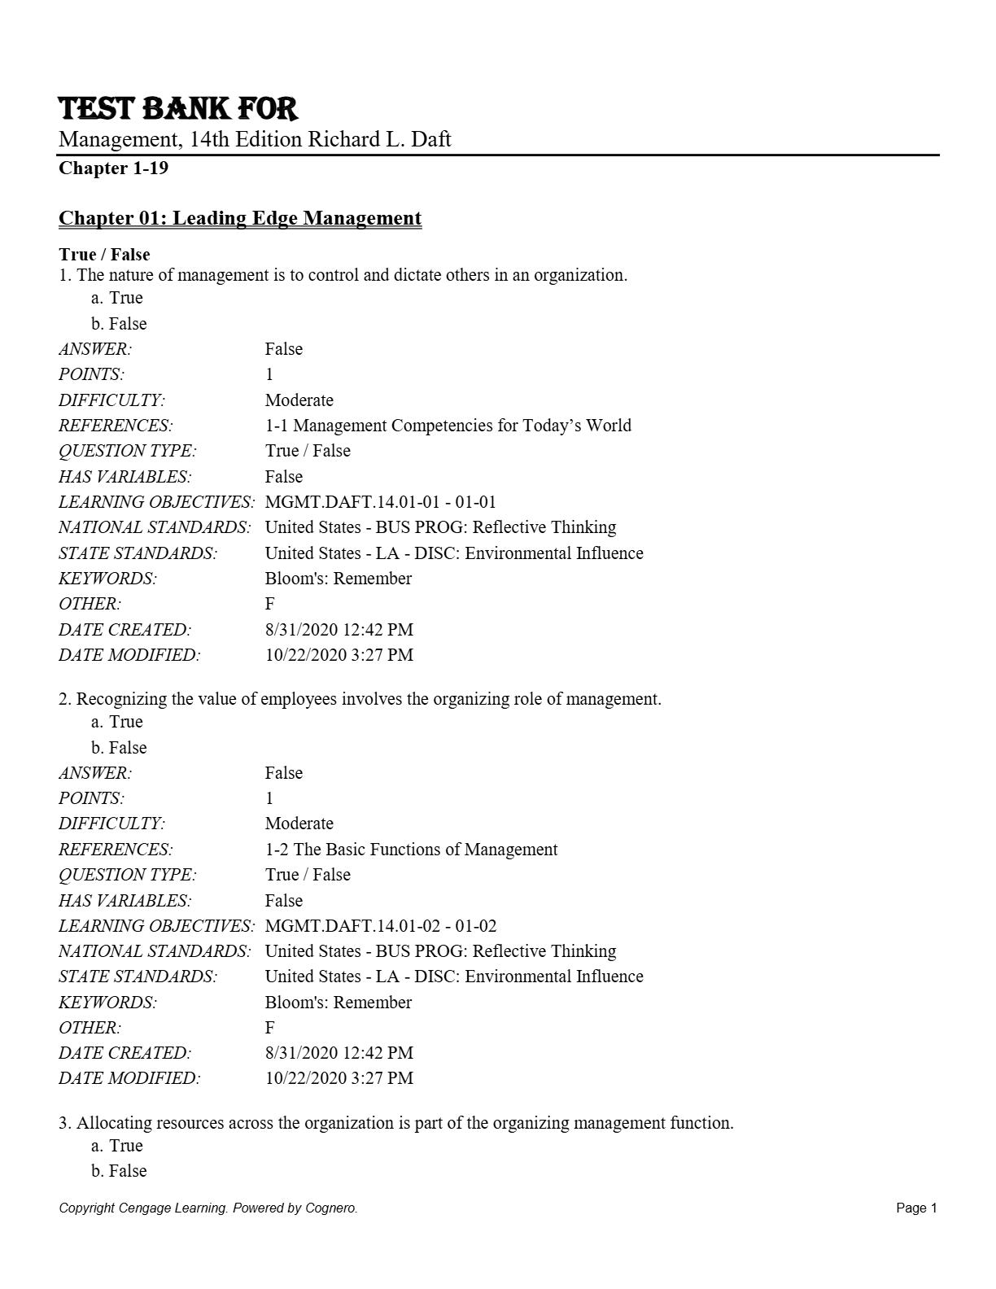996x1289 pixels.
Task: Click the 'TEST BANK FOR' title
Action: point(178,109)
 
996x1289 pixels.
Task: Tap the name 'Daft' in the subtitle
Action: point(430,139)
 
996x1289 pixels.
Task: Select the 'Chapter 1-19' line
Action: point(113,168)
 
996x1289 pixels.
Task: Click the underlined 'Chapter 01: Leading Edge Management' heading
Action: point(240,218)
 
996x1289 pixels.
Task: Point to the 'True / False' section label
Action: point(104,255)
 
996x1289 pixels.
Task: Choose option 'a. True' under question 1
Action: point(117,298)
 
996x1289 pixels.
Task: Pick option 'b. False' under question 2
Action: point(119,748)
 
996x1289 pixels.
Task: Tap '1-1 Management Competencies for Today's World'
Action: point(448,426)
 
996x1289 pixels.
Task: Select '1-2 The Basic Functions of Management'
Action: point(411,850)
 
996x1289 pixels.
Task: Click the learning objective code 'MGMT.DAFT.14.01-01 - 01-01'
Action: point(380,502)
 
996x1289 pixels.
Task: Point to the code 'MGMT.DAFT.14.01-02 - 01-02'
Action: point(380,926)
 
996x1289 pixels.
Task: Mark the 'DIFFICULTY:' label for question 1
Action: point(111,400)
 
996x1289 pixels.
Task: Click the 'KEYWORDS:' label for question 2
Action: point(107,1003)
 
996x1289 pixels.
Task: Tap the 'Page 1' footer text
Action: point(916,1208)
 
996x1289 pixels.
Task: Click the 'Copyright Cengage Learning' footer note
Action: point(207,1208)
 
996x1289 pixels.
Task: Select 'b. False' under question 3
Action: point(119,1171)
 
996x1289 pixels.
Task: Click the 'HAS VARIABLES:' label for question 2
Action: point(124,901)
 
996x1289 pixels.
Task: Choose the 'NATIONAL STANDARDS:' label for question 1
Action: point(155,527)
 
